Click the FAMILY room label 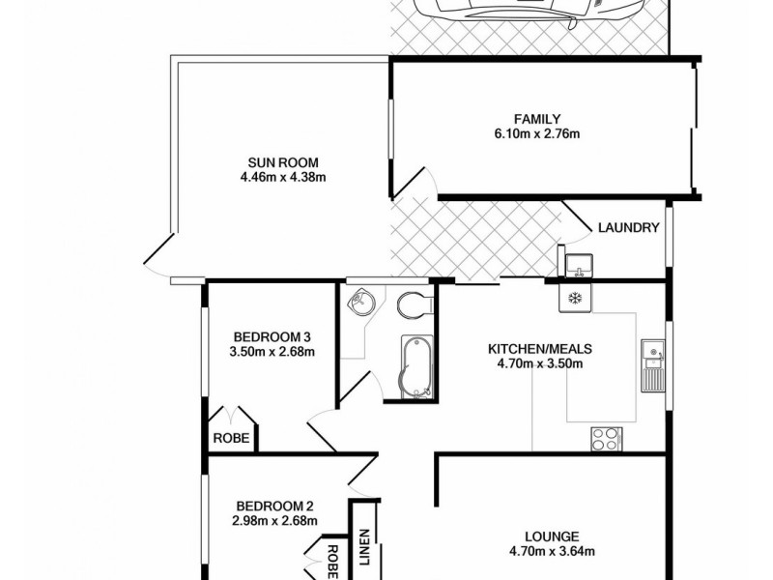pos(538,119)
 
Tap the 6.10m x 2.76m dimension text pos(538,133)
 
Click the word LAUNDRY pos(629,229)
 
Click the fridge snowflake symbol pos(573,298)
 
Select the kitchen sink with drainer pos(652,364)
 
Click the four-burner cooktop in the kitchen pos(606,438)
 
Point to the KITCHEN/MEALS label pos(539,349)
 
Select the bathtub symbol pos(416,366)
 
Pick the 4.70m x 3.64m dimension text pos(553,553)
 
